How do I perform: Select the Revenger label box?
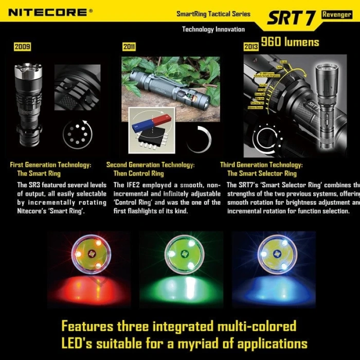(x=336, y=14)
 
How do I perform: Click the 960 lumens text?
(x=290, y=42)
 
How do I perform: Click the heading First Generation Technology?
(x=51, y=165)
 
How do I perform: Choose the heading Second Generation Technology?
(x=150, y=165)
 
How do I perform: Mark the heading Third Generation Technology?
(x=262, y=165)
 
